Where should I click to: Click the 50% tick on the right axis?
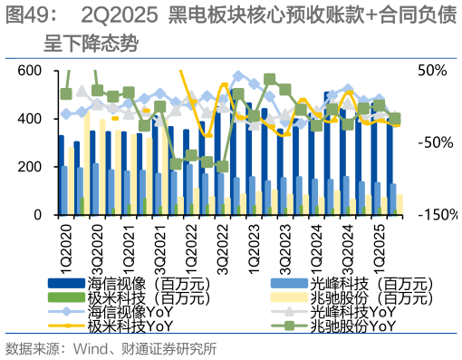click(x=432, y=71)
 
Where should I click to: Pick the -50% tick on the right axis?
click(x=432, y=143)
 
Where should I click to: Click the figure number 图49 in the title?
click(x=27, y=15)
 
